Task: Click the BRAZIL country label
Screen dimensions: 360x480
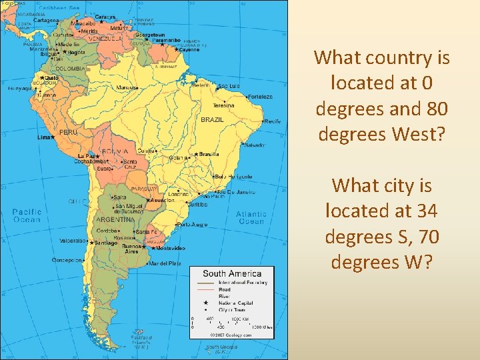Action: [212, 120]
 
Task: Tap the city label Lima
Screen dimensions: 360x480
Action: [44, 137]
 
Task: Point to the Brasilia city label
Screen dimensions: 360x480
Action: [209, 154]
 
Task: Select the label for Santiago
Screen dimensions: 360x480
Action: [105, 243]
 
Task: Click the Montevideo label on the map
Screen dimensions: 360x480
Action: [171, 249]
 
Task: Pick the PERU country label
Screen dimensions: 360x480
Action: [69, 133]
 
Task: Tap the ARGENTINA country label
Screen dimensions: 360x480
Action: [115, 219]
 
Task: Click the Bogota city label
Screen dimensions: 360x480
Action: [76, 52]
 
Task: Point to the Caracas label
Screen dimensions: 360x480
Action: [105, 17]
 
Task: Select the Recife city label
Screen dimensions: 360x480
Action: [273, 122]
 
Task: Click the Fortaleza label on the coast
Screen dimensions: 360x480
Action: [260, 97]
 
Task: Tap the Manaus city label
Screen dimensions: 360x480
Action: [127, 87]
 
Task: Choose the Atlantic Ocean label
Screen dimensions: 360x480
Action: [251, 218]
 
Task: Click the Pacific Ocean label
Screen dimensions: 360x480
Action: [27, 215]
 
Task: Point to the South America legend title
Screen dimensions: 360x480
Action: [231, 273]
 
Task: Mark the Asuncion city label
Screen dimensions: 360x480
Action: [163, 200]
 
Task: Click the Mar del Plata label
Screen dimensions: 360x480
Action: [165, 264]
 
